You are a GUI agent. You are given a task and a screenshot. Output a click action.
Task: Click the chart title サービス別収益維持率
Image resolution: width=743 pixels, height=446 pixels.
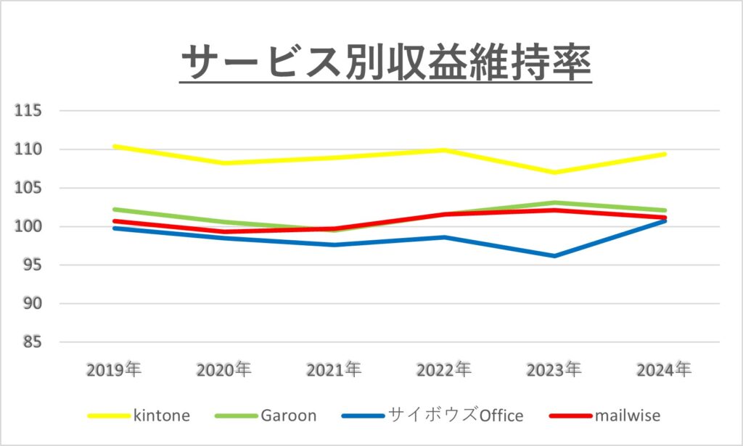tap(385, 64)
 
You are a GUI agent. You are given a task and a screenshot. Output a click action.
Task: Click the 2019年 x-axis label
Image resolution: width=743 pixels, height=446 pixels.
tap(114, 370)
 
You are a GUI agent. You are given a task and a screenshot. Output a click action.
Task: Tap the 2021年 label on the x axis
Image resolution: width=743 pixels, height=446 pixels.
tap(334, 370)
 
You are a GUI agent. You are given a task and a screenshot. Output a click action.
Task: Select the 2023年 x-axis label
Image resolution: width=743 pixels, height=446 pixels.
tap(554, 370)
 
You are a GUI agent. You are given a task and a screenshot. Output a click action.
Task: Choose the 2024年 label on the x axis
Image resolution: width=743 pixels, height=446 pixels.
tap(664, 370)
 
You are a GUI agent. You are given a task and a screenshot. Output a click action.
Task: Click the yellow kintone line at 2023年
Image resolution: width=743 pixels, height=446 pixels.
tap(554, 173)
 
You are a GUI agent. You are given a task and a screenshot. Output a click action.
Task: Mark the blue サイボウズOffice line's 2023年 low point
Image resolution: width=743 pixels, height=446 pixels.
tap(554, 256)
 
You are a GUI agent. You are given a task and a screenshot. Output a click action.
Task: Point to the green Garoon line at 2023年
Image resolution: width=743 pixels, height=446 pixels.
tap(554, 203)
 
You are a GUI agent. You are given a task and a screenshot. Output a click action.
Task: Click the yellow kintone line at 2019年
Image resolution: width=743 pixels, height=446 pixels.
tap(115, 146)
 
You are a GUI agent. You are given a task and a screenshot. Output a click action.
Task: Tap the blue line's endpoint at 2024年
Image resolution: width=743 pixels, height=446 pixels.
tap(664, 220)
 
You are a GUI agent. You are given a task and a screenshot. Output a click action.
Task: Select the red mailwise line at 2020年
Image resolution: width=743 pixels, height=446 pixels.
tap(224, 232)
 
